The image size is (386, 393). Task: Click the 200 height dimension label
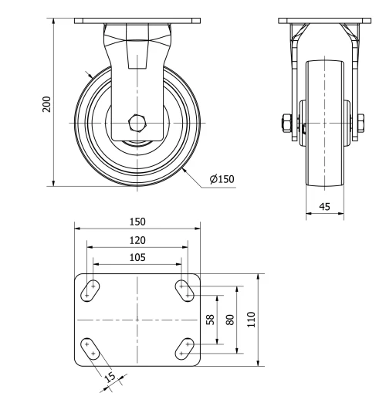[x=46, y=103]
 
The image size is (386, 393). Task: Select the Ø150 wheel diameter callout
[x=222, y=180]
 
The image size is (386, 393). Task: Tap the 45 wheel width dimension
[x=323, y=206]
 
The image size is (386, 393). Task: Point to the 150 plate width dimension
[x=137, y=222]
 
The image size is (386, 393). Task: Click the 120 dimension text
[x=137, y=240]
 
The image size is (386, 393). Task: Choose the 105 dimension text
[x=137, y=258]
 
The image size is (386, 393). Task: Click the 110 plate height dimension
[x=249, y=319]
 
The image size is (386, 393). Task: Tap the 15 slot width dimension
[x=109, y=377]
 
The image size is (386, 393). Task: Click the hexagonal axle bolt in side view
[x=137, y=123]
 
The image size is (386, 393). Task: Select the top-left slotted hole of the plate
[x=91, y=290]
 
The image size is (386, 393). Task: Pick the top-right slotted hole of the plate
[x=185, y=290]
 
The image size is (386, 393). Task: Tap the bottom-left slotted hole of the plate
[x=90, y=348]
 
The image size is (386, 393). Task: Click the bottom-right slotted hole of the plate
[x=185, y=348]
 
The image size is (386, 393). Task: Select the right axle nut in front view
[x=361, y=123]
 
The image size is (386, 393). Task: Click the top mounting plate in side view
[x=137, y=20]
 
